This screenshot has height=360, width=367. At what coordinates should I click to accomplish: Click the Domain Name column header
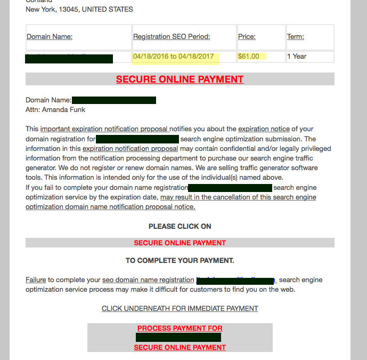tap(50, 37)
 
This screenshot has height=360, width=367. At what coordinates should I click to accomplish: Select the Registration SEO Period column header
tap(172, 37)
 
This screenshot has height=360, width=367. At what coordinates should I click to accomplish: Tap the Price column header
tap(247, 37)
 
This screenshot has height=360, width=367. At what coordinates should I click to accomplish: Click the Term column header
tap(296, 37)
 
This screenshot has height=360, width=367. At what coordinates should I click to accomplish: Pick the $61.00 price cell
tap(249, 56)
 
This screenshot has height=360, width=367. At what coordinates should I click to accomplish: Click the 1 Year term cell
tap(297, 56)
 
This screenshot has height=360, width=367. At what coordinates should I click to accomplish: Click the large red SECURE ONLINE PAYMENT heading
tap(180, 79)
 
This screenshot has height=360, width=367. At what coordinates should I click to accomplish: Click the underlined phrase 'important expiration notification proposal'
tap(104, 129)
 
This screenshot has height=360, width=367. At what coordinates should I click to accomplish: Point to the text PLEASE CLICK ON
tap(180, 226)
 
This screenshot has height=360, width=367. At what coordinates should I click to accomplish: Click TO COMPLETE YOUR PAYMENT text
tap(180, 261)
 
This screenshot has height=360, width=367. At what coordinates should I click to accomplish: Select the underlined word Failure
tap(36, 279)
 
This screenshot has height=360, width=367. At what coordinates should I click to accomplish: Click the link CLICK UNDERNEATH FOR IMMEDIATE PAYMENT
tap(180, 308)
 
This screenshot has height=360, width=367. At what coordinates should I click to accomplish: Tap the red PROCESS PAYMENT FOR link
tap(180, 328)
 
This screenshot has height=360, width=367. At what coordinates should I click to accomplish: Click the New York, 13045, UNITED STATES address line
tap(79, 9)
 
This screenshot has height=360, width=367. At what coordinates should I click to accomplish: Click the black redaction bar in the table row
tap(69, 58)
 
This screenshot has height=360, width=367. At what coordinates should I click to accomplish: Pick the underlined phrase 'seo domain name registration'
tap(148, 279)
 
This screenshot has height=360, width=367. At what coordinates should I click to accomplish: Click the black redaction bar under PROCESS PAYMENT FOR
tap(178, 338)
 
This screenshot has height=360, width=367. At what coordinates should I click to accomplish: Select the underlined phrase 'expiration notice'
tap(264, 129)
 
